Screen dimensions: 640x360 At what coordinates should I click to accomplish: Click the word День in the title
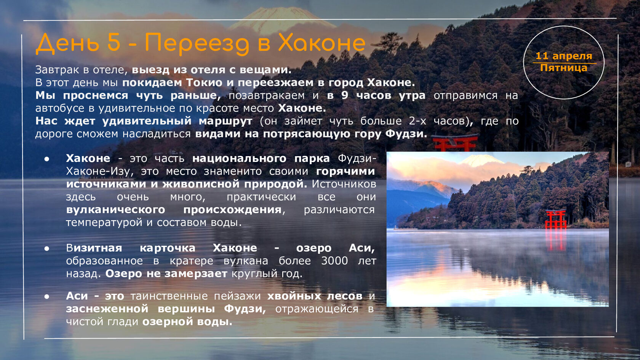(67, 43)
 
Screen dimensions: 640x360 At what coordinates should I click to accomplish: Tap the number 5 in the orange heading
(114, 42)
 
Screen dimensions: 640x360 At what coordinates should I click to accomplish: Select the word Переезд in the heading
(197, 44)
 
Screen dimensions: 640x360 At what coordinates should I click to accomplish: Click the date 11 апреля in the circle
(564, 56)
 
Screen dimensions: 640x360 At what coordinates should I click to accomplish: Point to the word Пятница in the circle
(564, 68)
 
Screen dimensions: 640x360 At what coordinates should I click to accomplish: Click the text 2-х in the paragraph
(418, 121)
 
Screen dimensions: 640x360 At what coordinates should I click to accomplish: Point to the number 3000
(334, 261)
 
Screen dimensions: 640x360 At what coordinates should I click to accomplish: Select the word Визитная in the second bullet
(94, 248)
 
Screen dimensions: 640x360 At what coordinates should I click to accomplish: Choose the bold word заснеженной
(107, 309)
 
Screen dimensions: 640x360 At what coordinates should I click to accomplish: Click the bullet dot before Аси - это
(47, 296)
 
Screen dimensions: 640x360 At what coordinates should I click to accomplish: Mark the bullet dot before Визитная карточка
(47, 248)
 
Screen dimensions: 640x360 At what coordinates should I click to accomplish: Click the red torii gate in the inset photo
(556, 219)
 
